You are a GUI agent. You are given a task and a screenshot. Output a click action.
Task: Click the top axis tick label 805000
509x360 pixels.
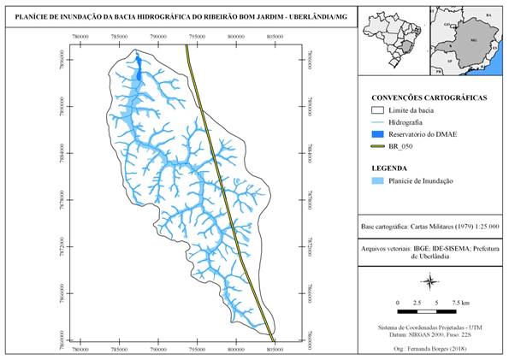[x=275, y=38]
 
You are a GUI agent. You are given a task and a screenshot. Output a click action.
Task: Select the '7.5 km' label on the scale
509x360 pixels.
[x=460, y=303]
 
